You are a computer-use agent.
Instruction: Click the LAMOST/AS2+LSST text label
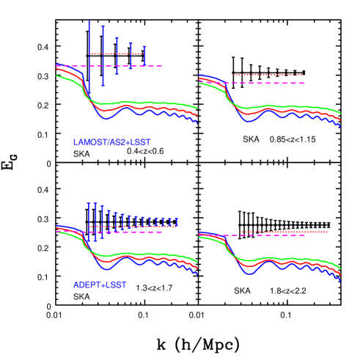click(x=111, y=142)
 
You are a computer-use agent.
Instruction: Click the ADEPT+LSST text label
click(x=100, y=284)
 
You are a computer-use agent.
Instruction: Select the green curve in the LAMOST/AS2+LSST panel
click(x=147, y=103)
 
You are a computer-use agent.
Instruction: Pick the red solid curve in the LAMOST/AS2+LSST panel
click(x=147, y=109)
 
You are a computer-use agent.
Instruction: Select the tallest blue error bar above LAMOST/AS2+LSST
click(x=89, y=59)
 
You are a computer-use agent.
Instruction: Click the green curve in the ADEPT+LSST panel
click(x=147, y=254)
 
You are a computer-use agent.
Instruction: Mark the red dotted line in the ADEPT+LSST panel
click(x=132, y=226)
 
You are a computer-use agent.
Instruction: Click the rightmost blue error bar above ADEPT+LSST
click(x=177, y=221)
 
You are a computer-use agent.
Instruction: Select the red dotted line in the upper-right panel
click(x=268, y=74)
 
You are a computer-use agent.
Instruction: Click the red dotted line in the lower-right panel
click(x=282, y=232)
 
